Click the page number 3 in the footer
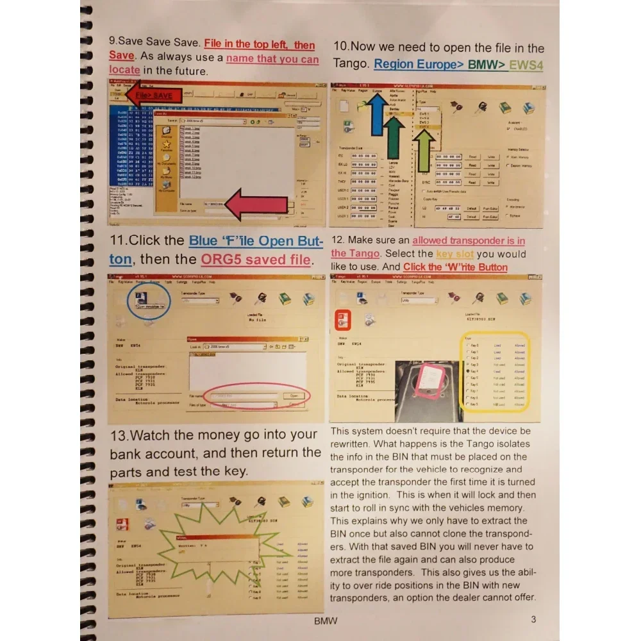533,619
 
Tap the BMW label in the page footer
326,620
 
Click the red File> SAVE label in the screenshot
153,96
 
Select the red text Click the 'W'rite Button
455,267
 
